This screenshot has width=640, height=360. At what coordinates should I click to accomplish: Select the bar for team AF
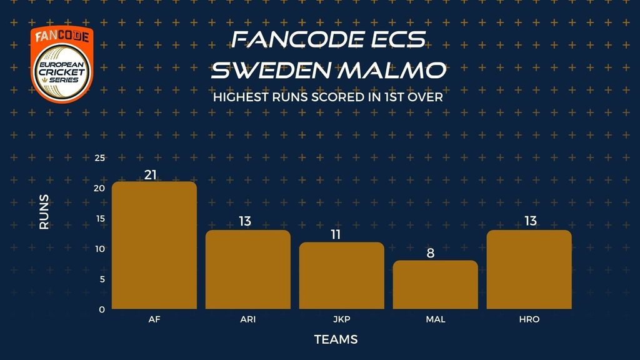click(154, 245)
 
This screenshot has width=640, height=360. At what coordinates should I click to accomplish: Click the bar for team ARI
click(247, 269)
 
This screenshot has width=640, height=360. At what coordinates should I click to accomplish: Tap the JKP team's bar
click(342, 276)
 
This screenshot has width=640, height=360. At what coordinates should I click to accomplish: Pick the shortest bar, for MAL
click(436, 284)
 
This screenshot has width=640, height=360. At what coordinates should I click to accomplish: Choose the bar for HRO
click(529, 269)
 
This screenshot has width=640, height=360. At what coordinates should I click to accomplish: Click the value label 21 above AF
click(151, 175)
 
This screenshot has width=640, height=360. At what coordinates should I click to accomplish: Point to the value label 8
click(431, 253)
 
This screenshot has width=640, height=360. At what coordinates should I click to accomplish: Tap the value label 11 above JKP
click(336, 234)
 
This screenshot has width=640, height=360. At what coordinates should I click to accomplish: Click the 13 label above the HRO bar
click(530, 221)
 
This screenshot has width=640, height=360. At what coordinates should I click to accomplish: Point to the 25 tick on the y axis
click(99, 158)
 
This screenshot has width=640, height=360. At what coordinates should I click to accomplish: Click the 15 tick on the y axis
click(100, 218)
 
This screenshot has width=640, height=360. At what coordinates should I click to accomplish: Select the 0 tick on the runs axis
click(102, 309)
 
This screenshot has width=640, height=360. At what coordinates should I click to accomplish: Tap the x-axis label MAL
click(436, 319)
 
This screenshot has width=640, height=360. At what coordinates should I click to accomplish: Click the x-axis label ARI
click(247, 319)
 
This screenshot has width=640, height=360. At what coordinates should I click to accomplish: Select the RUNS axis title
click(44, 211)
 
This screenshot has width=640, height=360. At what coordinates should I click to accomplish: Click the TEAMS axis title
click(336, 339)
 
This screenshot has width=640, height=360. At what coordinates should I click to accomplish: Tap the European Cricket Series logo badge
click(62, 64)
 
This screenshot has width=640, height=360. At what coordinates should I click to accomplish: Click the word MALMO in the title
click(392, 70)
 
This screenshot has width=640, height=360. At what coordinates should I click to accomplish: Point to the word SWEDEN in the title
click(271, 70)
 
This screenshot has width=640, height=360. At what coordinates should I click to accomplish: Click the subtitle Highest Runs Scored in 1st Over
click(327, 97)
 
